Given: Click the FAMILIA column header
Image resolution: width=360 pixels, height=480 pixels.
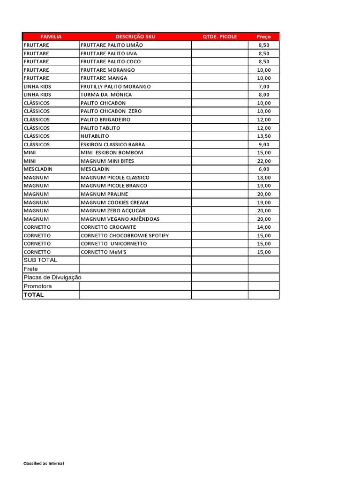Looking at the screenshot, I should (51, 37).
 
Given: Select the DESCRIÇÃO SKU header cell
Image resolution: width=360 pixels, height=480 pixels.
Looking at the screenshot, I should (135, 37).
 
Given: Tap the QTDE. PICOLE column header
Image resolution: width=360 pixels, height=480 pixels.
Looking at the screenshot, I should (220, 37).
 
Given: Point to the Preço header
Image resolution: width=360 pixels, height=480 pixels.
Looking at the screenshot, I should (263, 37).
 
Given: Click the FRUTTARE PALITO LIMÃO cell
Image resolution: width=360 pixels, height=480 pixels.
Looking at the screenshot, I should (112, 45).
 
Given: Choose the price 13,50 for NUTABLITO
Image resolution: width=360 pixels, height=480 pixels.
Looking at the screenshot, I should (264, 136).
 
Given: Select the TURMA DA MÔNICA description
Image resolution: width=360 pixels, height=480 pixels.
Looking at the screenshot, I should (106, 95).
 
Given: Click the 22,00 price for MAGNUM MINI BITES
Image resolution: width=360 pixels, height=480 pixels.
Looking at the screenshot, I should (264, 161).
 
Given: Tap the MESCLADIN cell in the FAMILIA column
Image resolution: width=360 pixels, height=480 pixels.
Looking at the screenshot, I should (38, 169).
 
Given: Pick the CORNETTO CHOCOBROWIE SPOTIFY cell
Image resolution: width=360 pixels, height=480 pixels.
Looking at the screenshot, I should (125, 235).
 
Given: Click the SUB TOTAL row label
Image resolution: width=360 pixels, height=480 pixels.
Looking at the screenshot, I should (40, 260).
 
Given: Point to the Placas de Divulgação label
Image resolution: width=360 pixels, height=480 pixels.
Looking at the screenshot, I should (52, 277).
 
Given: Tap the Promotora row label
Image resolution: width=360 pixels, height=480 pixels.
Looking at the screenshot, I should (38, 286).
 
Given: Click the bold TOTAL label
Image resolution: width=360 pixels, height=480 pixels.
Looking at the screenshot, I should (34, 295).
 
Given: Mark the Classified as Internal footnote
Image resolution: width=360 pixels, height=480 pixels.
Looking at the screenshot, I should (44, 464).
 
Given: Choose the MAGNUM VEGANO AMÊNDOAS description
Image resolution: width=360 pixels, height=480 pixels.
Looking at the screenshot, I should (120, 219).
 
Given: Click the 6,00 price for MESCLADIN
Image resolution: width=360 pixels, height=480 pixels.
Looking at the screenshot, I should (264, 169).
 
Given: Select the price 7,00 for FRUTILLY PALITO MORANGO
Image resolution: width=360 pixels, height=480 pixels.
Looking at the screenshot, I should (264, 86).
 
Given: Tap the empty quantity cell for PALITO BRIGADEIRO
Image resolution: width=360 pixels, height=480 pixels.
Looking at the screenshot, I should (220, 120).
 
